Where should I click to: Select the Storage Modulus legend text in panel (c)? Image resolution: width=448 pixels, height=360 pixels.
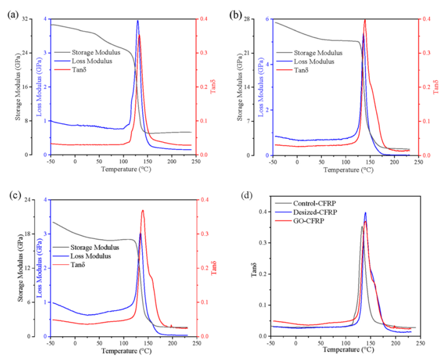[x=95, y=247]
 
